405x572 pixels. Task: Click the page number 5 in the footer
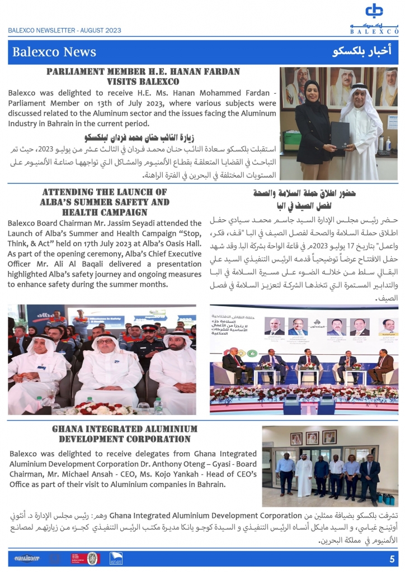coord(392,559)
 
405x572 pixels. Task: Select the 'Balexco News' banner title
coord(54,53)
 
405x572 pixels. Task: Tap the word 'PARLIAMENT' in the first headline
coord(77,72)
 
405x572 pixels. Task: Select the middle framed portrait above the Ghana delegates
coord(312,438)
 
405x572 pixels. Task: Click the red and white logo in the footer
coord(78,557)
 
